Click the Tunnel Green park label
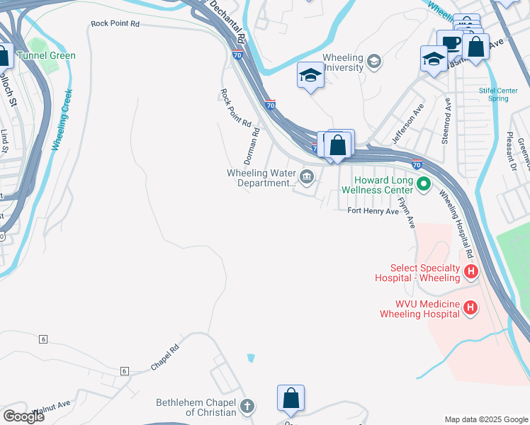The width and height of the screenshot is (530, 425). pyautogui.click(x=47, y=55)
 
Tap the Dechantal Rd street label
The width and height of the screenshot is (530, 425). pyautogui.click(x=226, y=18)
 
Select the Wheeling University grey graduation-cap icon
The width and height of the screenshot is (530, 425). pyautogui.click(x=374, y=62)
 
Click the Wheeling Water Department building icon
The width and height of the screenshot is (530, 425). pyautogui.click(x=307, y=177)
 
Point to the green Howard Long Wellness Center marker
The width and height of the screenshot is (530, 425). pyautogui.click(x=424, y=186)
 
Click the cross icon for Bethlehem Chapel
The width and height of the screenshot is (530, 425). pyautogui.click(x=247, y=407)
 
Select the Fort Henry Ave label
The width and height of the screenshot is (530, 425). pyautogui.click(x=373, y=211)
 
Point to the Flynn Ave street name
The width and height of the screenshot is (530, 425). pyautogui.click(x=406, y=211)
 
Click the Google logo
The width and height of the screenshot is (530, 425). pyautogui.click(x=23, y=416)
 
